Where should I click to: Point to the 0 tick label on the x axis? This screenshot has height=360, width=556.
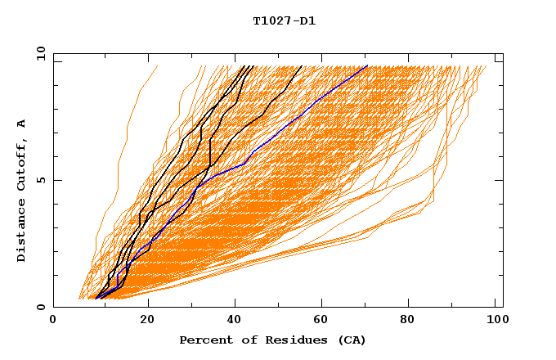point(53,321)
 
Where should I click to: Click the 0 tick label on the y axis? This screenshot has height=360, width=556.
point(41,307)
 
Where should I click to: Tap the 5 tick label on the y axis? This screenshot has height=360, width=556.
point(41,180)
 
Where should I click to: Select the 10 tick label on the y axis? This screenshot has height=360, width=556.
point(40,53)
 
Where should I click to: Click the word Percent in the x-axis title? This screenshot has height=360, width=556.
point(204,340)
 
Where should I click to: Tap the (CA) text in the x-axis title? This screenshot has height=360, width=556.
point(349,340)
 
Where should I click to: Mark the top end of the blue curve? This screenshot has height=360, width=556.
point(367,65)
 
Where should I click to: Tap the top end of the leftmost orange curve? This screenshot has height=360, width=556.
point(159,65)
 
